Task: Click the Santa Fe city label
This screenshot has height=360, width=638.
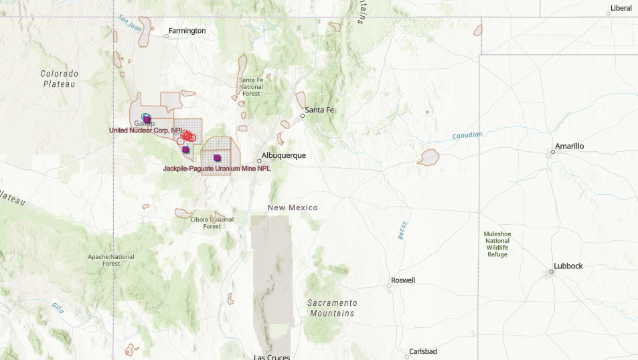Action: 319,110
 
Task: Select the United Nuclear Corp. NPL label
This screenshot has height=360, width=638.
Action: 145,130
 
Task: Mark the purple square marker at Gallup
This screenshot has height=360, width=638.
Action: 147,119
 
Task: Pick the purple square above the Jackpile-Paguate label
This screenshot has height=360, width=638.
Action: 217,158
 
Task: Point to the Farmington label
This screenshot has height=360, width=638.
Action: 187,31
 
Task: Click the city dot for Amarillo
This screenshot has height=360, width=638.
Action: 552,152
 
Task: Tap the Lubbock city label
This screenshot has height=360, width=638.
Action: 568,266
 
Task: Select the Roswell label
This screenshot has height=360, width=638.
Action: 403,280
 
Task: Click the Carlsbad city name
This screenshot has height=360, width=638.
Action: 422,351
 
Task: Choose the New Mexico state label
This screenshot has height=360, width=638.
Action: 293,207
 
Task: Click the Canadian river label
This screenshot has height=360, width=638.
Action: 467,136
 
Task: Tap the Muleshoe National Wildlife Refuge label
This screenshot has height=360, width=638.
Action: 497,244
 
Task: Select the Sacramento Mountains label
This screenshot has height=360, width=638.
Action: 332,308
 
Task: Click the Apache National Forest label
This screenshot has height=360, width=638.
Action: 111,260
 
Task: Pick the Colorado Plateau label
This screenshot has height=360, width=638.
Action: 60,79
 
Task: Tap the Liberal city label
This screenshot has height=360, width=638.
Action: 620,8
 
